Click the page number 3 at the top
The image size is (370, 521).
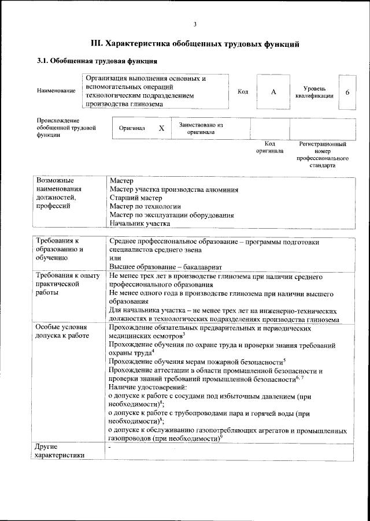click(195, 24)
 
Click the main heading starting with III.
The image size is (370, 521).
click(195, 43)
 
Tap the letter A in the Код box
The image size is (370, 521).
click(274, 91)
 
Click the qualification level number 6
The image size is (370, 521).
click(347, 92)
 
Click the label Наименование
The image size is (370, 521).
click(55, 91)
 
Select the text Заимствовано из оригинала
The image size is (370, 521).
click(201, 128)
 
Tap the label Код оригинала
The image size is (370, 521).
click(269, 147)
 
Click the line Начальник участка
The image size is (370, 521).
click(139, 223)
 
